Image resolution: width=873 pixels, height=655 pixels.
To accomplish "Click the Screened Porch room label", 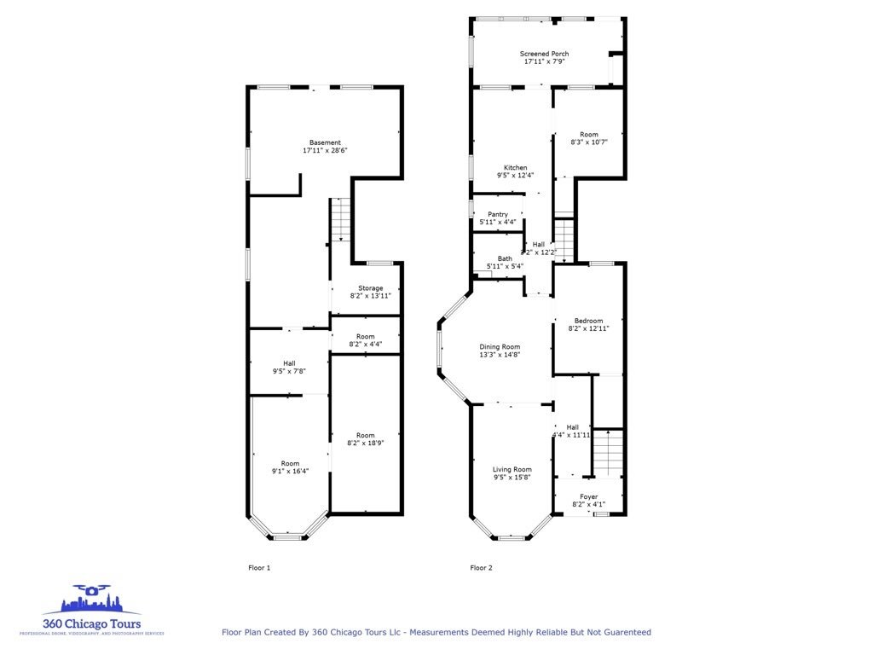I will coord(544,54).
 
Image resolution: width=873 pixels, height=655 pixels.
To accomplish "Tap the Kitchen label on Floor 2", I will coord(515,167).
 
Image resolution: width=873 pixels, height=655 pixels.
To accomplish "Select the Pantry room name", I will coord(498,214).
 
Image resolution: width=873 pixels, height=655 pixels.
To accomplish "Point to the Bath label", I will coord(505,258).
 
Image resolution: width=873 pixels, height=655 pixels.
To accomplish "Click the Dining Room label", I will coord(500,346).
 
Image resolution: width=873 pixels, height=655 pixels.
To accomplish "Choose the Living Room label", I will coord(512,469).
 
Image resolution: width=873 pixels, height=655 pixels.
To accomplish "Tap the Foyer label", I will coord(588,496).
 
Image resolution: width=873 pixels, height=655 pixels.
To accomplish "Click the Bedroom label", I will coord(588,321).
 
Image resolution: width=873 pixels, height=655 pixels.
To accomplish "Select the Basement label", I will coord(325,142).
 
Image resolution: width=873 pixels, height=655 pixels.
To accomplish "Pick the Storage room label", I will coord(370,288).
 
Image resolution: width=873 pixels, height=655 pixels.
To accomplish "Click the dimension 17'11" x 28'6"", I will coord(325,151).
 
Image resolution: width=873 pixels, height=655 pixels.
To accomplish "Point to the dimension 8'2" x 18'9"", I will coord(366,443).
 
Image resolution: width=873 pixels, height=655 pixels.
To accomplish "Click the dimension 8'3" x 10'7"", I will coord(589,142).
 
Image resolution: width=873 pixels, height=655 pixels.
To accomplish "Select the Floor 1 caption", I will coord(259,567).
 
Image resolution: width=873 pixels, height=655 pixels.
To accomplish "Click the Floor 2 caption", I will coord(481,567).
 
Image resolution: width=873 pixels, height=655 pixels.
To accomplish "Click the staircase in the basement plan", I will coord(341,219).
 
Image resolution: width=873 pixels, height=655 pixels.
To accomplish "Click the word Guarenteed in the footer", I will coord(625,632).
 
